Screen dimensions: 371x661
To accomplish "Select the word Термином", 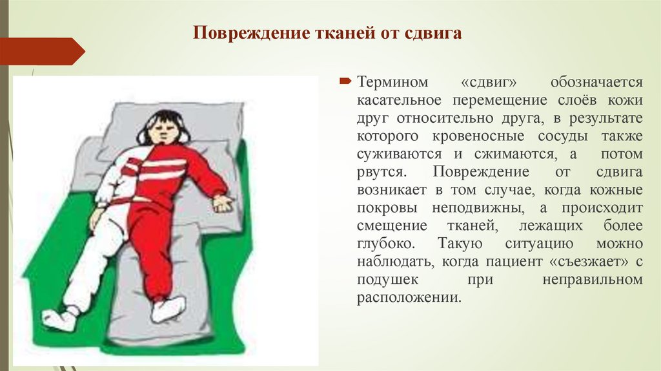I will pos(391,83).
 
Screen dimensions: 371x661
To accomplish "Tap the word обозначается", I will pos(596,83).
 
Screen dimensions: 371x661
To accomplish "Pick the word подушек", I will pos(388,281).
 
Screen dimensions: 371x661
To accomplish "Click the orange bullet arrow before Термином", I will pos(345,83).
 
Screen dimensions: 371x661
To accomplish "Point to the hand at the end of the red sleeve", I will pos(223,204).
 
